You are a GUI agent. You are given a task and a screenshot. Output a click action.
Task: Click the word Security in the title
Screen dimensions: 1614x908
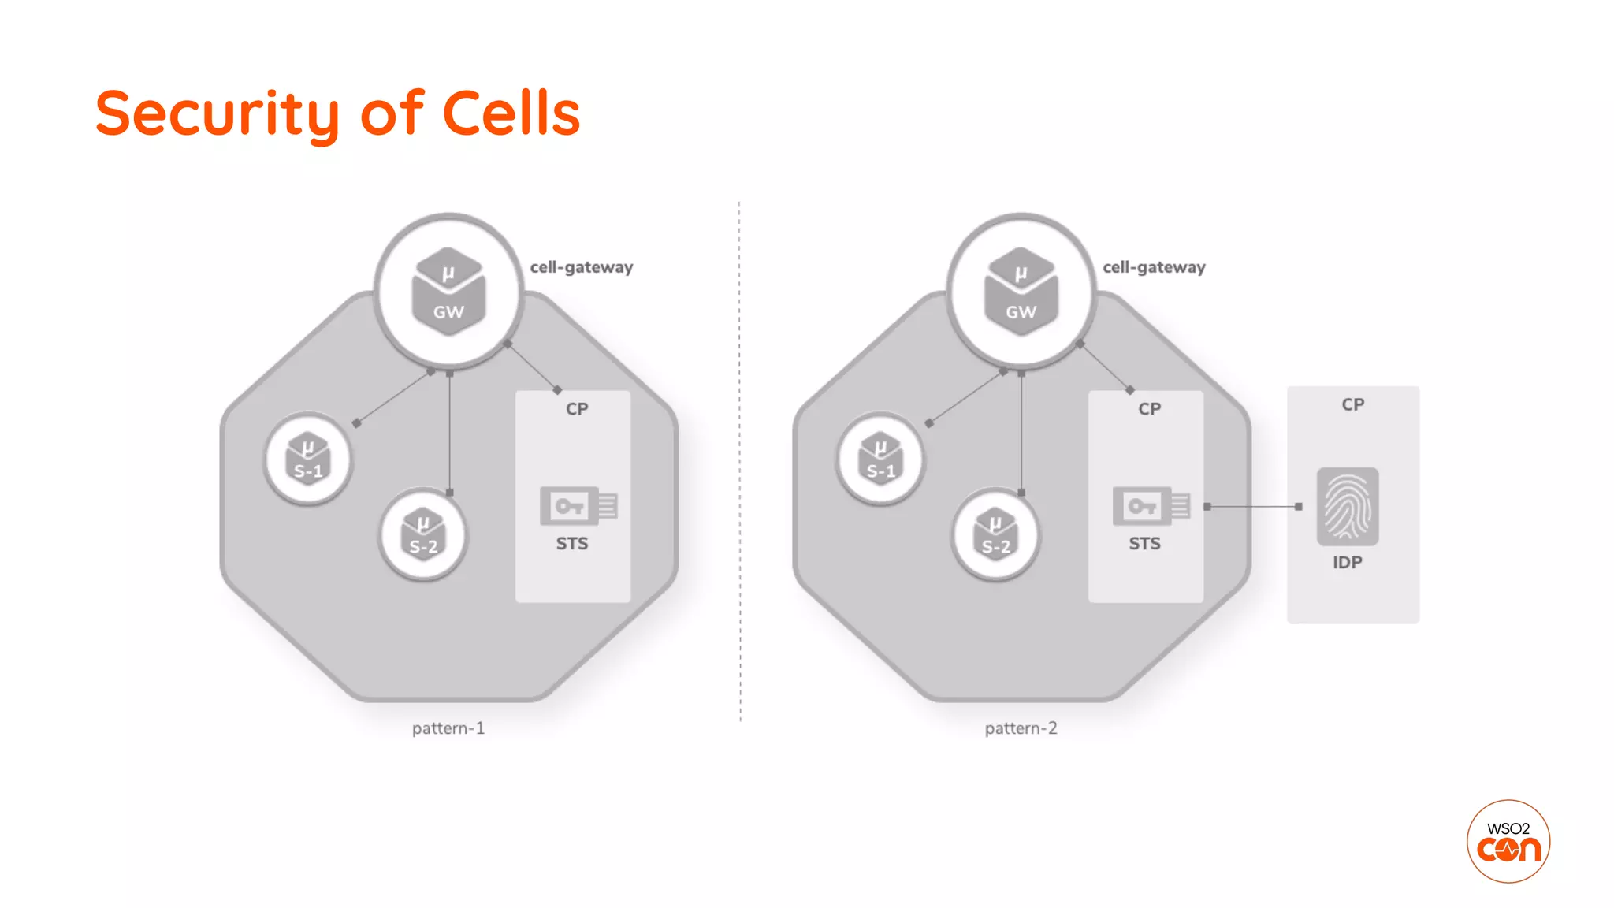[217, 114]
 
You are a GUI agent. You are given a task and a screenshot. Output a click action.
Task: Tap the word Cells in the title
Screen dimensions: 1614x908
[511, 114]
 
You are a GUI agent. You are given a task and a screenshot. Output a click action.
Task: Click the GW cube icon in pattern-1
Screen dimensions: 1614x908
[448, 292]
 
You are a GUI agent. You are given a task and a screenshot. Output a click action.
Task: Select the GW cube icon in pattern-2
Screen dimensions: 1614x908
[1021, 292]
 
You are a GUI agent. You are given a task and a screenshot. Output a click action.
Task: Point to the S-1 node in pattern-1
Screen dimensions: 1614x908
[308, 459]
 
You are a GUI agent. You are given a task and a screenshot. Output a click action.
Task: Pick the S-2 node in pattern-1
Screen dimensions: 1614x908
[423, 534]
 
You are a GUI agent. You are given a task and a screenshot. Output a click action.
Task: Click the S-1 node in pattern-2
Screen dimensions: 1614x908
[880, 459]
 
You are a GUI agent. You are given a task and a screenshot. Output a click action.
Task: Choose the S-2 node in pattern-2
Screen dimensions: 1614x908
[995, 534]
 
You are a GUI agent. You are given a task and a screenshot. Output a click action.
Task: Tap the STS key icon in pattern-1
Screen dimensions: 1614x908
[578, 506]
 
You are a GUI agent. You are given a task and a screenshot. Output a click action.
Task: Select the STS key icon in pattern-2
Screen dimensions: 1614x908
[1150, 506]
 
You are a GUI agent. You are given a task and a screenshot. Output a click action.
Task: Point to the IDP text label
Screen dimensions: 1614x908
[1348, 563]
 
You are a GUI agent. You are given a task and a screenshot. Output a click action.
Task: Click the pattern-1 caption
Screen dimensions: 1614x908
[448, 728]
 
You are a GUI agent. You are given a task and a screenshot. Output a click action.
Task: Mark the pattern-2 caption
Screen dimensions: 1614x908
[1021, 728]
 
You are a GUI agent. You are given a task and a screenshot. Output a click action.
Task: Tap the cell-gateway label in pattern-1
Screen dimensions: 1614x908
[582, 267]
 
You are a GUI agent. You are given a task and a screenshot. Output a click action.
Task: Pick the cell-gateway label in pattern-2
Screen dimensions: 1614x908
[1154, 267]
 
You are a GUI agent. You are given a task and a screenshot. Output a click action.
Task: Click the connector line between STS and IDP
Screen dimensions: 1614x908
[1253, 507]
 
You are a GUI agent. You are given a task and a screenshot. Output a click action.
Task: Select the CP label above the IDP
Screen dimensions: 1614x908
[1353, 404]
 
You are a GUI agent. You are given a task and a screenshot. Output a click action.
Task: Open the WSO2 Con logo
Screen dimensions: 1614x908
[1508, 841]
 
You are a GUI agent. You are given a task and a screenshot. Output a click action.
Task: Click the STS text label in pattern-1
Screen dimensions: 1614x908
[572, 544]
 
